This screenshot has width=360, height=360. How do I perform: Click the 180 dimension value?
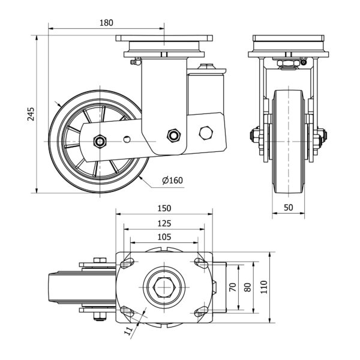coord(106,23)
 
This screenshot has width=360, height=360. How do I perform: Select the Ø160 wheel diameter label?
coord(172,181)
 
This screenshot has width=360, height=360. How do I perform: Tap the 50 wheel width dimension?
coord(288,207)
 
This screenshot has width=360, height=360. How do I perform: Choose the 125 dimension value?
coord(164,223)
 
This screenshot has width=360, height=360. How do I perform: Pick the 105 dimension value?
coord(163,236)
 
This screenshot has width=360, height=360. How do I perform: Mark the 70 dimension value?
coord(232,286)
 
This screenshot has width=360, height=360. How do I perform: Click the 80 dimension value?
coord(247,286)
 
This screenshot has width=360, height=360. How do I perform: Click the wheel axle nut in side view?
coord(100,142)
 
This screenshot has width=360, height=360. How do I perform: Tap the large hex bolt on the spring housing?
coord(205,133)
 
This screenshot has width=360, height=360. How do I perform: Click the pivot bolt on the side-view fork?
coord(175,135)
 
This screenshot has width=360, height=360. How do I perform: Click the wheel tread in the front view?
coord(287,142)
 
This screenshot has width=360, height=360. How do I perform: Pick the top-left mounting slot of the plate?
coord(127,262)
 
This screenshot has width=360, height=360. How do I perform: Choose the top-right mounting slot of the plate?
coord(199,262)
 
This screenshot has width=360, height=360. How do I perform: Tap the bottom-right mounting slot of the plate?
coord(199,311)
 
